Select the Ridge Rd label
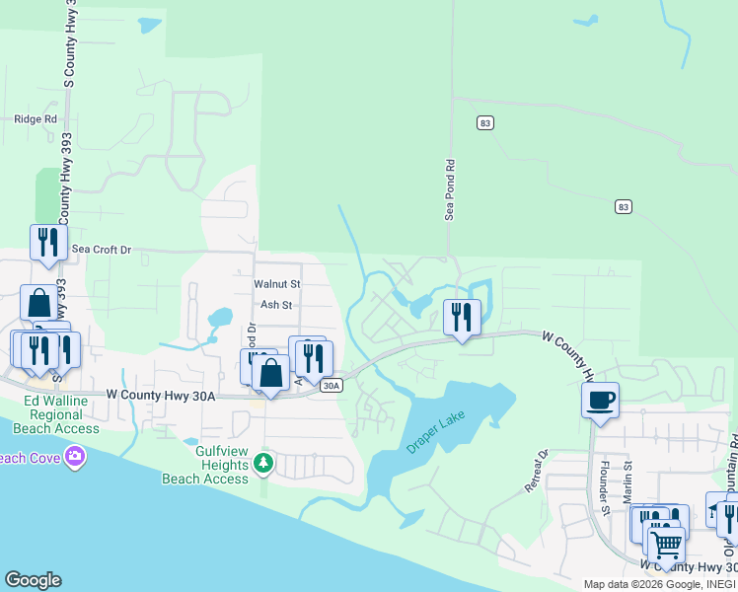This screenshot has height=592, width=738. (x=37, y=119)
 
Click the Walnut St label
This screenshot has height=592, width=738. (x=276, y=284)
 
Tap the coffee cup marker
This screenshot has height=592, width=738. (x=600, y=400)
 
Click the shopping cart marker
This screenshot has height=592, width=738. (x=666, y=542)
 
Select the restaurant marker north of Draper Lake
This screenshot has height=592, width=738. (x=462, y=317)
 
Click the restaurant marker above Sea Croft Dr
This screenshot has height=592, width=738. (x=48, y=242)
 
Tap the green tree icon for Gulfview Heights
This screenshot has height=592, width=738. (x=262, y=462)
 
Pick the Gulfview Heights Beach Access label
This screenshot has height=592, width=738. (x=205, y=472)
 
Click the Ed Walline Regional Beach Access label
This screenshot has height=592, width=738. (x=62, y=415)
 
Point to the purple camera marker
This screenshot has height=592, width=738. (x=74, y=456)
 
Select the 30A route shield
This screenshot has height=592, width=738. (x=332, y=386)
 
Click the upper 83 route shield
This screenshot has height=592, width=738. (x=483, y=122)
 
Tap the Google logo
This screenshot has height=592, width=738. (x=33, y=580)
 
